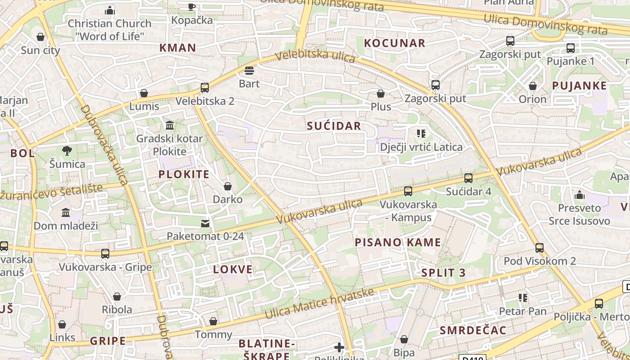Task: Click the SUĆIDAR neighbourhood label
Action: click(334, 126)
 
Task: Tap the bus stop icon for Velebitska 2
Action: click(205, 87)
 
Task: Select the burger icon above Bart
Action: click(249, 71)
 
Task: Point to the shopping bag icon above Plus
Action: click(381, 94)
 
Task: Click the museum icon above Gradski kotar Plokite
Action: click(170, 125)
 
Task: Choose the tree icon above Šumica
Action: click(67, 150)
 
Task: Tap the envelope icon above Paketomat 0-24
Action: click(205, 223)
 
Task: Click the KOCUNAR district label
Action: click(394, 43)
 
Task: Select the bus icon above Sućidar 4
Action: click(468, 178)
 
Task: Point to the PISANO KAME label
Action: click(398, 243)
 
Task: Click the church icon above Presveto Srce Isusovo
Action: click(579, 195)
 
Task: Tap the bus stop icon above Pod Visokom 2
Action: click(540, 247)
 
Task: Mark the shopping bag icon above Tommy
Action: click(213, 321)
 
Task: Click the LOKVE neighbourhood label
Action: click(233, 270)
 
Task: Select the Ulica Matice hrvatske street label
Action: click(319, 304)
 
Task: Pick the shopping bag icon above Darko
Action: click(228, 186)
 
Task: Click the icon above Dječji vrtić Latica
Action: click(421, 133)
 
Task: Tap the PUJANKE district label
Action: click(579, 85)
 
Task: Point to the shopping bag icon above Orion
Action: click(533, 85)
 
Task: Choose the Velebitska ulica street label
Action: click(315, 57)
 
